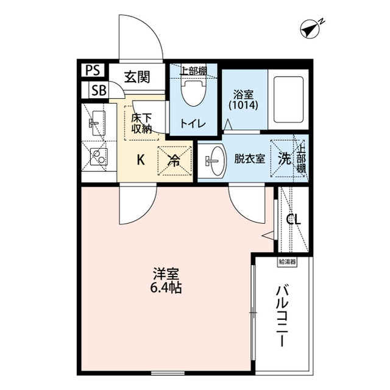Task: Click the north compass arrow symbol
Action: (311, 28)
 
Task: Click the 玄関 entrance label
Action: (137, 77)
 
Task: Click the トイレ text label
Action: (192, 123)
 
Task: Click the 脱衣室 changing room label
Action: (249, 159)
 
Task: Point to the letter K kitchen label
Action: (141, 160)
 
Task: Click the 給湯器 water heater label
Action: (287, 262)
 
